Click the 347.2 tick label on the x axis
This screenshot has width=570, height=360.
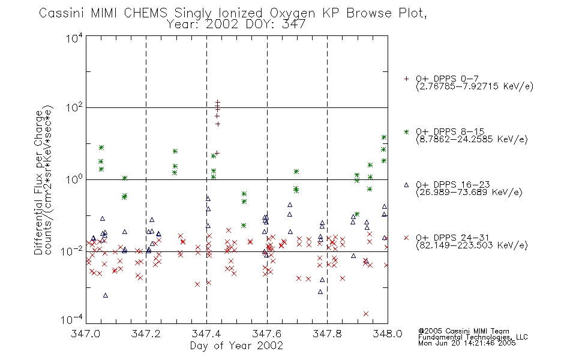[146, 334]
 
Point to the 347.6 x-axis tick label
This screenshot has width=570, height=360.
[267, 334]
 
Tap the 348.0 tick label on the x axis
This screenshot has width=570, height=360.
[388, 334]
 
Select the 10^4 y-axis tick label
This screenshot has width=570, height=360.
[74, 38]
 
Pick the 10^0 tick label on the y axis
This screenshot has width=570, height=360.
[74, 179]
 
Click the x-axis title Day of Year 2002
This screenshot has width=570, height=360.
[236, 346]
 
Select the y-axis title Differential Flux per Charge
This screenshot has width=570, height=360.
[39, 182]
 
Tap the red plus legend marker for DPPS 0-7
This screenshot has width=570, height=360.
[406, 79]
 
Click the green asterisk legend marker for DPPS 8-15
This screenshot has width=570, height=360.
[406, 131]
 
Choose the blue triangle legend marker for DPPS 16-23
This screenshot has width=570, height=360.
[406, 185]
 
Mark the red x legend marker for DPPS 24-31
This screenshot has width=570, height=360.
[406, 238]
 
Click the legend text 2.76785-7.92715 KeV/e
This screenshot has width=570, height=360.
[475, 86]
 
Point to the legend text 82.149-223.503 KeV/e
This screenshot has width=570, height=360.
[472, 245]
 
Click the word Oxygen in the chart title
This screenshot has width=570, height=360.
[292, 13]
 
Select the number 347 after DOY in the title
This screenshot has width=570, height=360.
[294, 25]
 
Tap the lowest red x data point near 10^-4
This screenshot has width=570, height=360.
[366, 314]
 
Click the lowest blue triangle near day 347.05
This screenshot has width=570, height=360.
[106, 295]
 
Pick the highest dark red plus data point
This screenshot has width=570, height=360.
[218, 103]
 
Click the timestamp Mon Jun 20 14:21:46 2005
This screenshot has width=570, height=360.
[467, 343]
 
